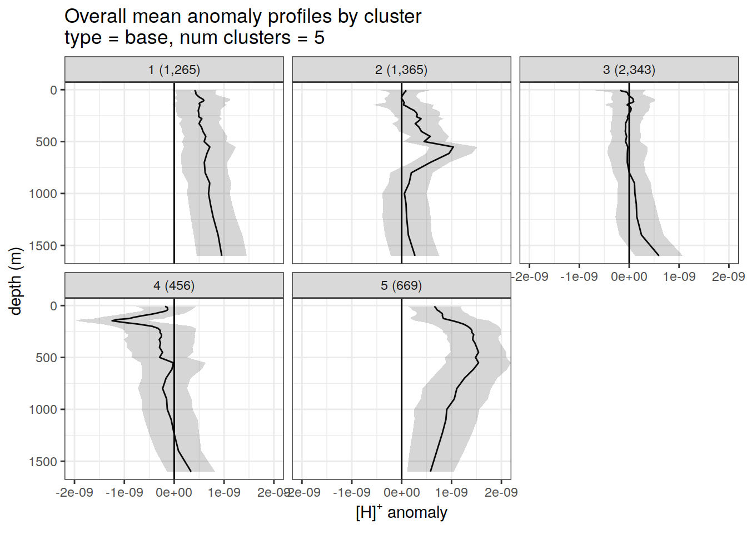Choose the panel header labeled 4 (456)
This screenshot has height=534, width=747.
pyautogui.click(x=174, y=285)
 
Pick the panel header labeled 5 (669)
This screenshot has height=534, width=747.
pyautogui.click(x=401, y=285)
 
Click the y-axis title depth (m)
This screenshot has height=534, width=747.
pyautogui.click(x=15, y=281)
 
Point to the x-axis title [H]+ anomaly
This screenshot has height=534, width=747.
pyautogui.click(x=401, y=512)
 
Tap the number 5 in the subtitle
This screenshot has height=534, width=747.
pyautogui.click(x=319, y=38)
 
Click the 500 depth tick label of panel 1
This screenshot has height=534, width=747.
pyautogui.click(x=47, y=142)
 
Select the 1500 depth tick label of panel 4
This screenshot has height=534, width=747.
pyautogui.click(x=43, y=462)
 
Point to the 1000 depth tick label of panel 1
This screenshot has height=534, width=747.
pyautogui.click(x=43, y=194)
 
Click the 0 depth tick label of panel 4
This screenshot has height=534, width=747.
pyautogui.click(x=54, y=306)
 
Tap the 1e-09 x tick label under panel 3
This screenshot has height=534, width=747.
pyautogui.click(x=679, y=276)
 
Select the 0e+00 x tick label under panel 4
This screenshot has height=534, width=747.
pyautogui.click(x=174, y=492)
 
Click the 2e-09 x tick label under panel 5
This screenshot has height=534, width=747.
pyautogui.click(x=501, y=492)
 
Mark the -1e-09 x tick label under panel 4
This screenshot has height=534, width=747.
pyautogui.click(x=124, y=492)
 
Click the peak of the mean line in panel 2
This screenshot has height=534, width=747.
pyautogui.click(x=454, y=148)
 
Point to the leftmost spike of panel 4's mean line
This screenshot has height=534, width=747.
pyautogui.click(x=112, y=320)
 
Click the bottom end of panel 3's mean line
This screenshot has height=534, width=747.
pyautogui.click(x=659, y=255)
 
